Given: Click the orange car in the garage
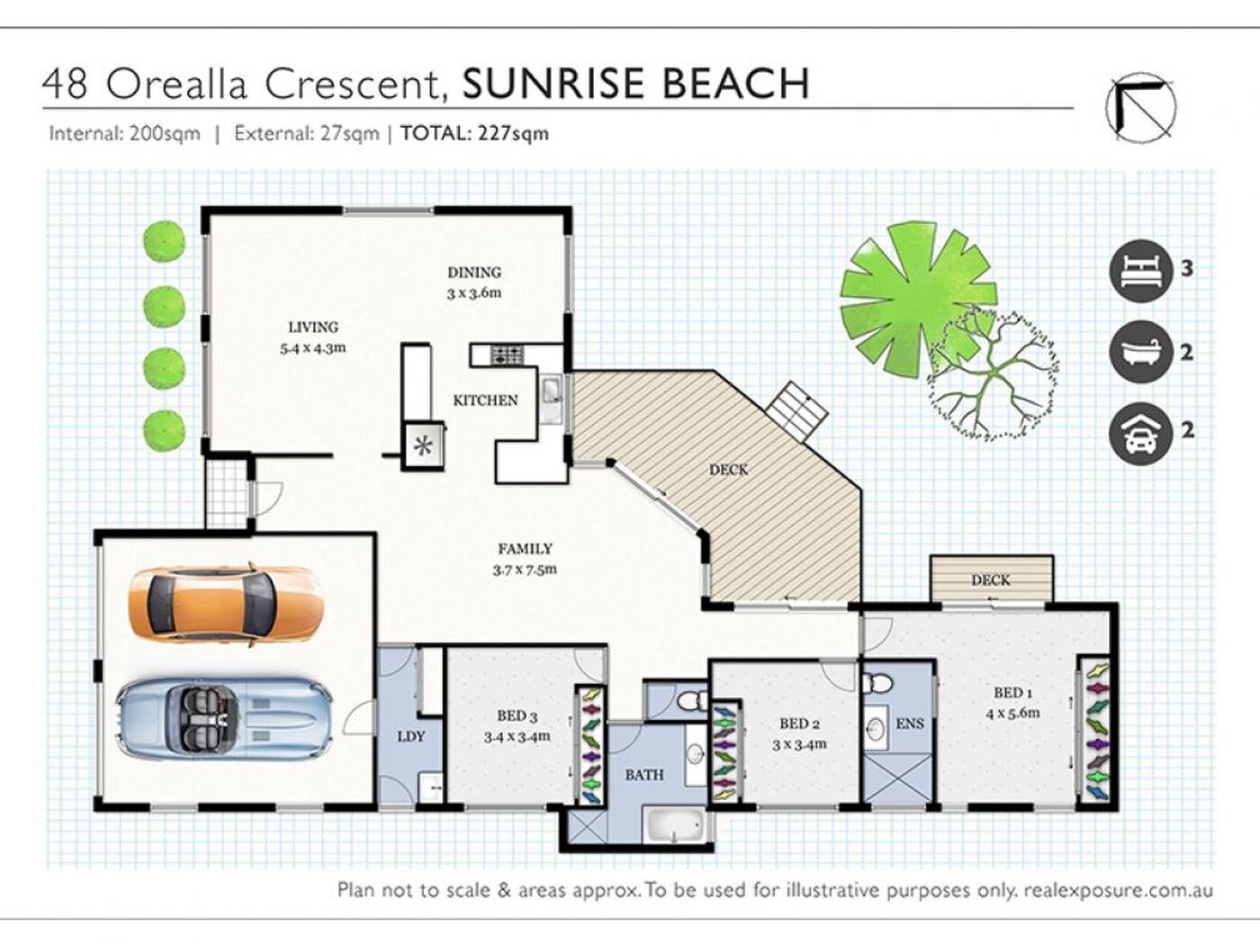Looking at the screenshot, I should pyautogui.click(x=225, y=601).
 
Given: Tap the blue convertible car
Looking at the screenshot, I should pyautogui.click(x=223, y=715).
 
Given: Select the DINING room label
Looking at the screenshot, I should pyautogui.click(x=474, y=273).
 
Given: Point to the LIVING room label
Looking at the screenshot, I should pyautogui.click(x=313, y=328).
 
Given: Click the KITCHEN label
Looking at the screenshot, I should pyautogui.click(x=485, y=400).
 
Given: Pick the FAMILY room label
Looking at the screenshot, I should pyautogui.click(x=525, y=549).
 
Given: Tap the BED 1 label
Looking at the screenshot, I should pyautogui.click(x=1013, y=693).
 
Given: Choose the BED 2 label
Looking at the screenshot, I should pyautogui.click(x=799, y=724).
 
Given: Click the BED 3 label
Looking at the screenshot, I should pyautogui.click(x=517, y=716).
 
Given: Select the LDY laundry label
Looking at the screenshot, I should pyautogui.click(x=411, y=736).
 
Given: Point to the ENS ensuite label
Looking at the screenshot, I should pyautogui.click(x=910, y=724).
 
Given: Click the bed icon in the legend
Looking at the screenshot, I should pyautogui.click(x=1141, y=269).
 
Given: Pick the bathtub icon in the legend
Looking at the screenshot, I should pyautogui.click(x=1141, y=352).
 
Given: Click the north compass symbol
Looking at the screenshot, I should pyautogui.click(x=1140, y=108).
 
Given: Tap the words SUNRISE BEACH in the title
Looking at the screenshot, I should pyautogui.click(x=635, y=84).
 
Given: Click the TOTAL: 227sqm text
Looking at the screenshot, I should pyautogui.click(x=474, y=134).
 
